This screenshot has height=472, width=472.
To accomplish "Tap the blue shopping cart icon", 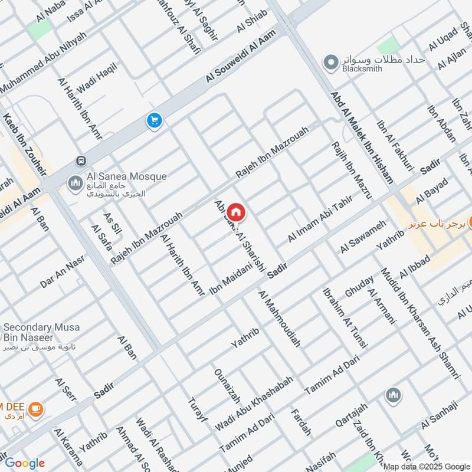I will pos(155,121).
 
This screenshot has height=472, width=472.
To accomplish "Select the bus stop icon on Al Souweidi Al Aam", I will pos(80,161).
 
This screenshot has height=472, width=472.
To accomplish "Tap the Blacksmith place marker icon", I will pos(331,61).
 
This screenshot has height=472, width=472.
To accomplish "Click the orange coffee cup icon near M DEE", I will pos(35,408).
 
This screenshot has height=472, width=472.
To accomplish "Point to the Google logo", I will pos(25,463).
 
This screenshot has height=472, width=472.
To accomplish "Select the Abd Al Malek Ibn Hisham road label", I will pos(361,137).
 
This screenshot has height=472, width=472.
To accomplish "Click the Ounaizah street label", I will pos(227,384).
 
